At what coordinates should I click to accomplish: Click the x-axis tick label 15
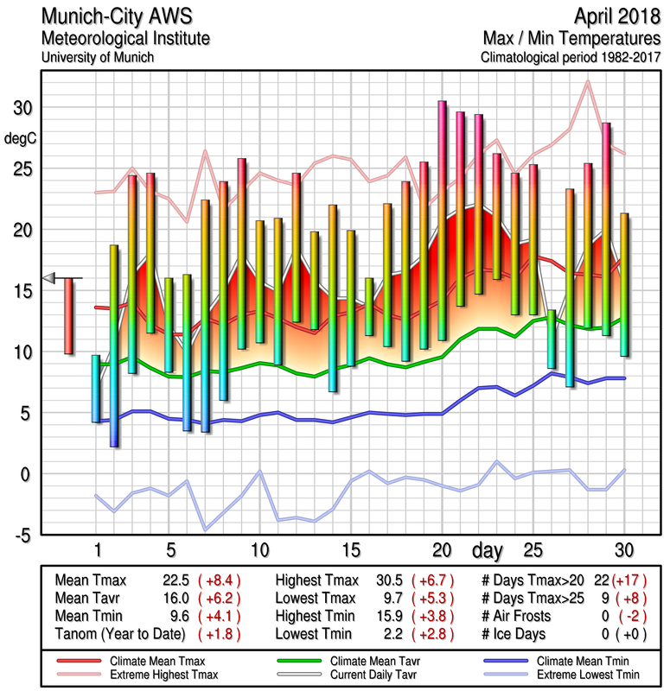coord(350,549)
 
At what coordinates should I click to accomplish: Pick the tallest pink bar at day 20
coord(442,220)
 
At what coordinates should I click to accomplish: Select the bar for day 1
coord(96,388)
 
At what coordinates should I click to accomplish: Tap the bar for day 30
coord(624,284)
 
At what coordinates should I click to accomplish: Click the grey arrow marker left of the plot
coord(48,277)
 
